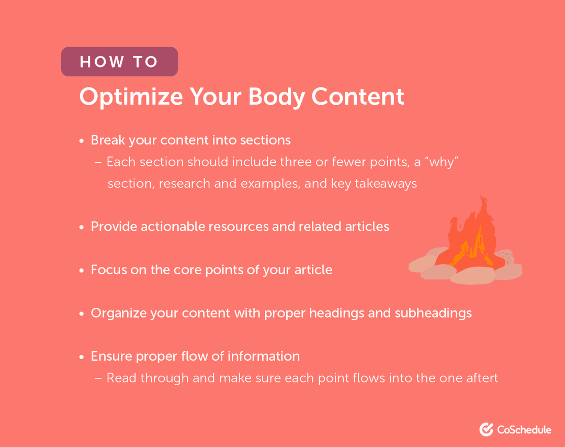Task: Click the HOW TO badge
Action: point(119,62)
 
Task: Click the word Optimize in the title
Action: point(131,97)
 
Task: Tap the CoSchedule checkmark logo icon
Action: point(486,429)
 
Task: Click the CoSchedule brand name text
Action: point(524,430)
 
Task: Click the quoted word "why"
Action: point(442,162)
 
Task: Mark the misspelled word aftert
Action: point(480,377)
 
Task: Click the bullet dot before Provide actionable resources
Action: point(82,228)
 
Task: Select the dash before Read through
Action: point(98,378)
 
